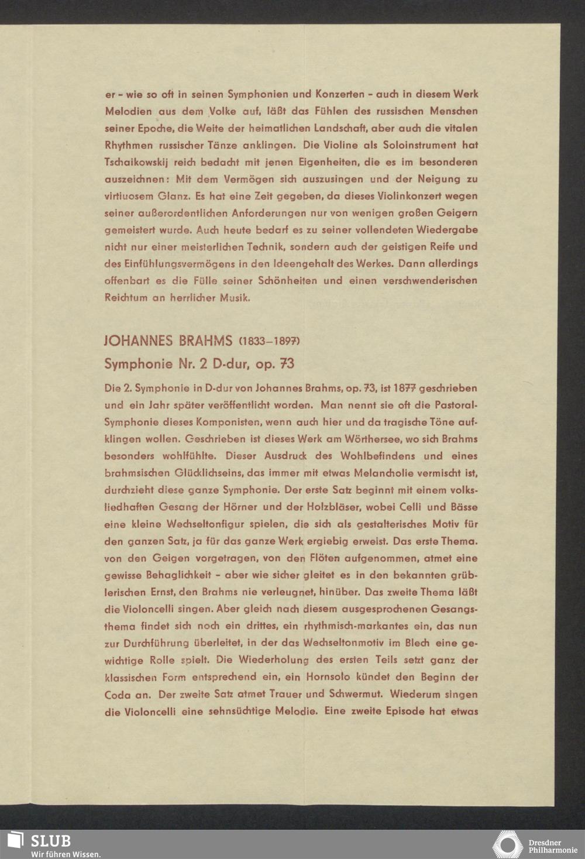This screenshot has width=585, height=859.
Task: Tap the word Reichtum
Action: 126,298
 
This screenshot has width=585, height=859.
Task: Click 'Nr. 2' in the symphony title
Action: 193,364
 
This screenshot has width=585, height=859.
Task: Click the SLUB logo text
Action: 50,841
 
